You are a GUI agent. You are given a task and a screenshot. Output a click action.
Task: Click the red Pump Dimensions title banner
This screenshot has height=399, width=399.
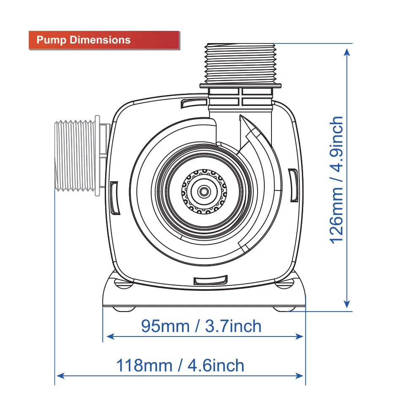pos(104,40)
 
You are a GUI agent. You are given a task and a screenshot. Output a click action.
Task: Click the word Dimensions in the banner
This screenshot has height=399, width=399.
pos(100,40)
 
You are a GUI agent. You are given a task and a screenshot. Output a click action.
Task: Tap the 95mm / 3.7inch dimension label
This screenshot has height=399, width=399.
pos(201,326)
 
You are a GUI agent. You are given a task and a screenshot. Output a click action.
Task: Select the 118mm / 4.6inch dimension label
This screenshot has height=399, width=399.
pos(180,365)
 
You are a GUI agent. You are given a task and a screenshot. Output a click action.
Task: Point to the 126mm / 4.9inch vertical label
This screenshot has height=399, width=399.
pos(337,180)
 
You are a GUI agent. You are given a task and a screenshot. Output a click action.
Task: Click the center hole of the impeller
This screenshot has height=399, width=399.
pos(204,191)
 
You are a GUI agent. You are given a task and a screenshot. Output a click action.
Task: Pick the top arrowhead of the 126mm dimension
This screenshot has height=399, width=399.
pos(347,52)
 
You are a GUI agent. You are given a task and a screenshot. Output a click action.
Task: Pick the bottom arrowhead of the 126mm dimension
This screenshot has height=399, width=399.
pos(347,304)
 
